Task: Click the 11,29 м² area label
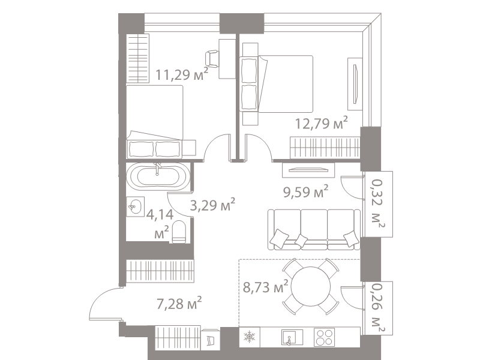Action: click(x=182, y=74)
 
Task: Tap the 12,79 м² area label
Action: click(x=322, y=123)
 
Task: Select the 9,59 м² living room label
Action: click(x=305, y=192)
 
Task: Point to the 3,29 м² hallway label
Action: click(x=212, y=205)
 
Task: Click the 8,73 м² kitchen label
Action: click(x=265, y=287)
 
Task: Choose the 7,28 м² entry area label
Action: click(x=179, y=304)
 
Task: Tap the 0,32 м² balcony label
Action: click(x=377, y=204)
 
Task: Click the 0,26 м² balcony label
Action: click(x=377, y=308)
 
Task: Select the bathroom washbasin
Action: click(x=136, y=206)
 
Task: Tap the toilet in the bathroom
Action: click(x=179, y=232)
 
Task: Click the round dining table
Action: click(x=311, y=287)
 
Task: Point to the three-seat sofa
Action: click(x=314, y=229)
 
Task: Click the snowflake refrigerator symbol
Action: click(x=249, y=337)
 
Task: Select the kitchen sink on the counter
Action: click(x=292, y=337)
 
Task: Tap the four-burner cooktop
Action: click(x=324, y=337)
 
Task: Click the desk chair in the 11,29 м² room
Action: click(x=212, y=59)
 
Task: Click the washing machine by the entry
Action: click(x=211, y=339)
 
